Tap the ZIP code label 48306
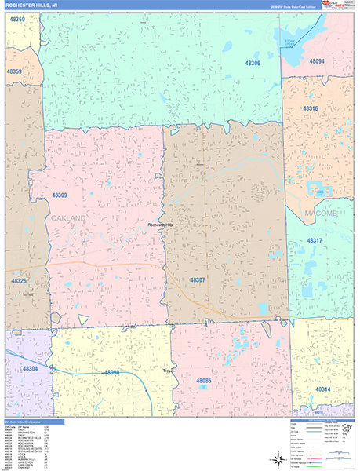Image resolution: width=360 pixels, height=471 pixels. coord(252,64)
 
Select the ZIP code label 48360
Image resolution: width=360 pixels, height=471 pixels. coord(16,18)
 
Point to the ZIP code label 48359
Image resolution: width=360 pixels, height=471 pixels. coord(15,71)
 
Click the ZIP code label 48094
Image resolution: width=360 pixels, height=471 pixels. coord(317,60)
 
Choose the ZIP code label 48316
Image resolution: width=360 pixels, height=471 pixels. coord(311,108)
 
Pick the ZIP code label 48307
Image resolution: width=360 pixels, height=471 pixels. coord(197,279)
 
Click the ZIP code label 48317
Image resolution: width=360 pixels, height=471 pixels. coord(315,240)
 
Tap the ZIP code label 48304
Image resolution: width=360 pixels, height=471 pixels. coord(30,368)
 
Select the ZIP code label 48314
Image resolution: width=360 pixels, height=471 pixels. coord(323,389)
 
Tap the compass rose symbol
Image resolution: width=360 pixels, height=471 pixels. coord(277,458)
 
